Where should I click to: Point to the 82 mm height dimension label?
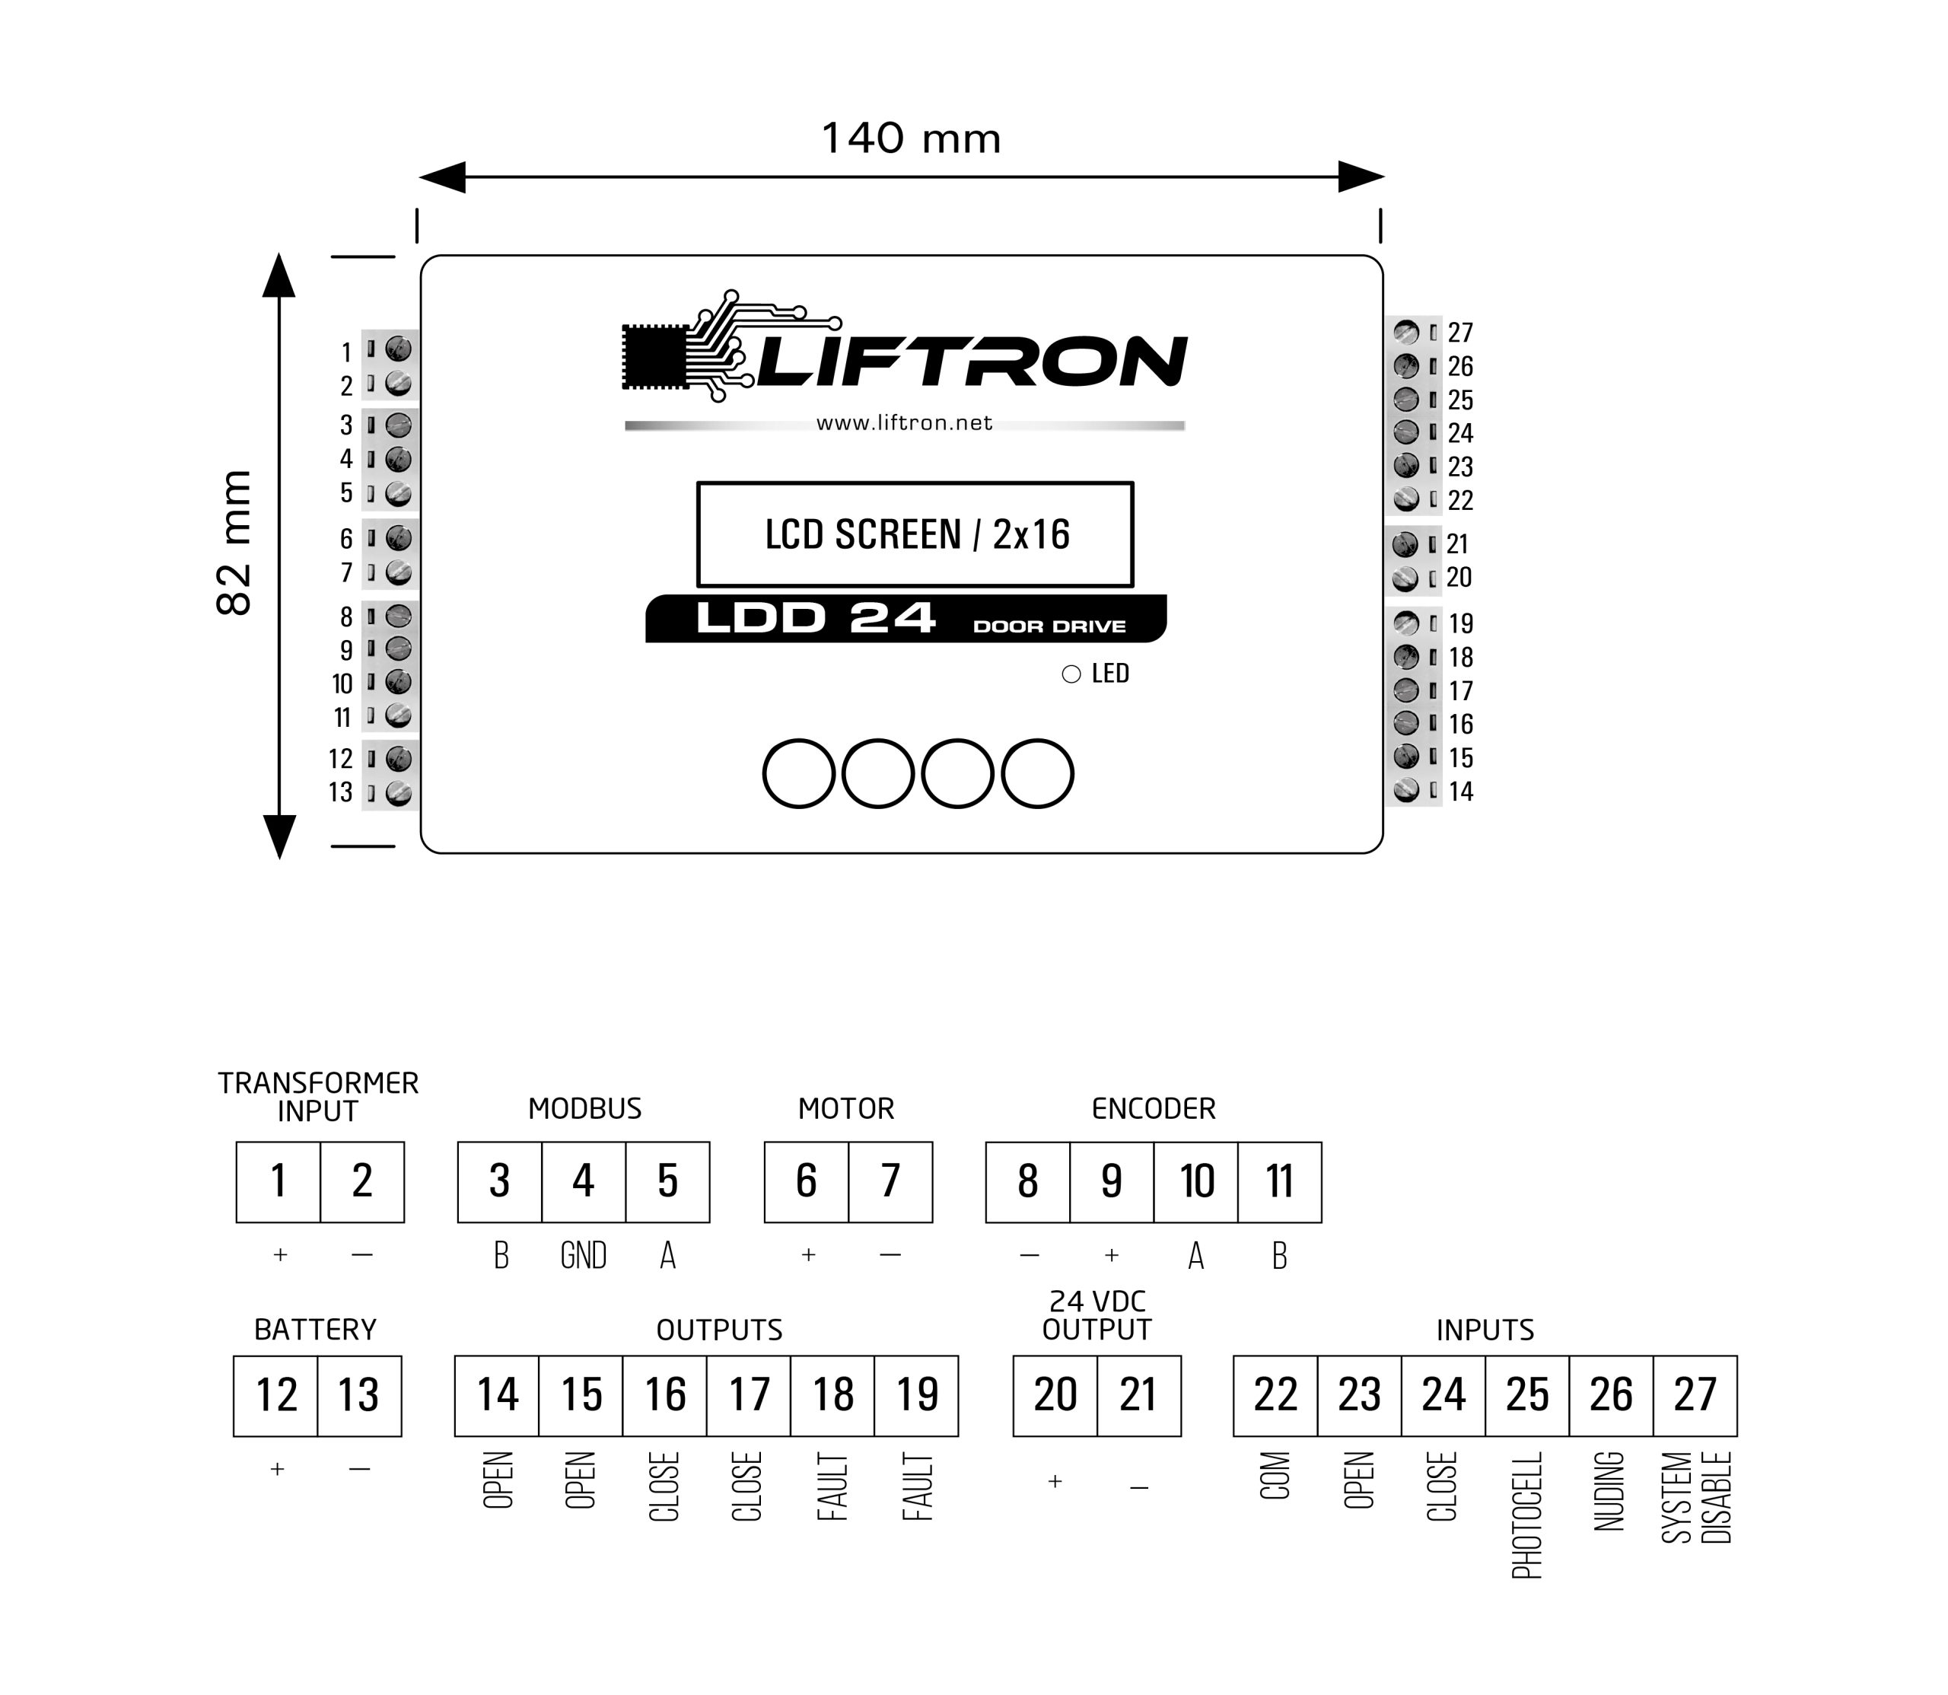click(x=234, y=543)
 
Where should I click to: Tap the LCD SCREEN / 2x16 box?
click(x=915, y=534)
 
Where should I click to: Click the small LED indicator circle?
click(x=1071, y=674)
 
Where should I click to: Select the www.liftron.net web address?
click(x=904, y=423)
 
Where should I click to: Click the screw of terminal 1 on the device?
click(x=398, y=350)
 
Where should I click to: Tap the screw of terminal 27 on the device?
click(x=1406, y=332)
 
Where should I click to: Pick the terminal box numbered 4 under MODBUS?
click(x=584, y=1181)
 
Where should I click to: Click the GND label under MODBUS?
click(x=584, y=1256)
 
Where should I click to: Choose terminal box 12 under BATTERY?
click(x=275, y=1395)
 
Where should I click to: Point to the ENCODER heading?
click(x=1153, y=1108)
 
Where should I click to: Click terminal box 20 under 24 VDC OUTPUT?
click(x=1055, y=1395)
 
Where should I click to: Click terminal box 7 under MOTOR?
click(x=890, y=1181)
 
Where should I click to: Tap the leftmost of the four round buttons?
click(x=798, y=774)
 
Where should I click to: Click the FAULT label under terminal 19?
click(x=916, y=1487)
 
